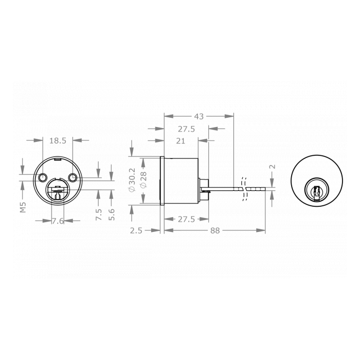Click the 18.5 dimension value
(57, 140)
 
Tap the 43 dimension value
(199, 117)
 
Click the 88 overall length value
(215, 230)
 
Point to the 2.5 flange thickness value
(136, 230)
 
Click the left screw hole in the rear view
(41, 177)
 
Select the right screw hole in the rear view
(73, 177)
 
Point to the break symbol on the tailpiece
(243, 189)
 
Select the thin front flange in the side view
(163, 181)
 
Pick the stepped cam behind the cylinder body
(204, 189)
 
